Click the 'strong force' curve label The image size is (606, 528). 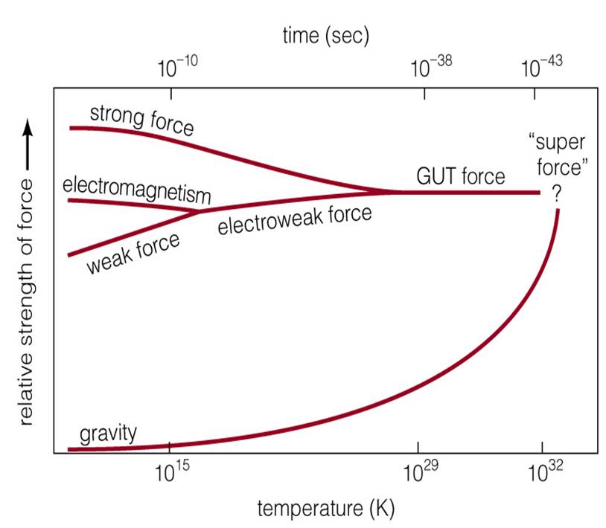pos(141,120)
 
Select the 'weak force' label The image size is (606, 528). pos(134,253)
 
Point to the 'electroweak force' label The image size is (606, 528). pos(294,220)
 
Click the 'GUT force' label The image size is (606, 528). pos(460,176)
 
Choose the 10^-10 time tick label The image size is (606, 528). pos(177,68)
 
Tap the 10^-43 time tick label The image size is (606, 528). pos(541,68)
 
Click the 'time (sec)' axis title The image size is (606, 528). pos(325,34)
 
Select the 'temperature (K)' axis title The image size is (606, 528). pos(325,509)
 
